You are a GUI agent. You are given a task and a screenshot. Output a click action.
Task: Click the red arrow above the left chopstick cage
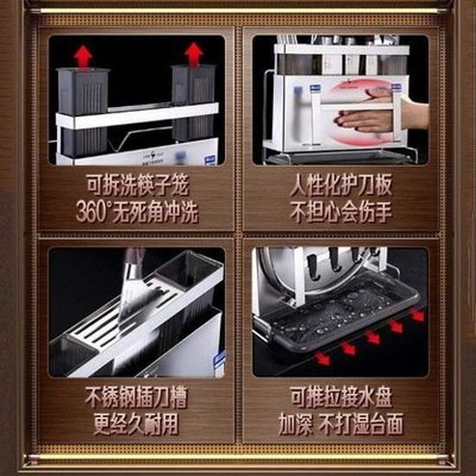pyautogui.click(x=83, y=55)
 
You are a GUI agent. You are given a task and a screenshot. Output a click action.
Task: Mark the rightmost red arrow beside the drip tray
pyautogui.click(x=418, y=315)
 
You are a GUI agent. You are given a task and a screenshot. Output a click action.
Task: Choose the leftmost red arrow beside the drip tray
pyautogui.click(x=322, y=358)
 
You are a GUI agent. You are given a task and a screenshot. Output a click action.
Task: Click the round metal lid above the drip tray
pyautogui.click(x=283, y=275)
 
